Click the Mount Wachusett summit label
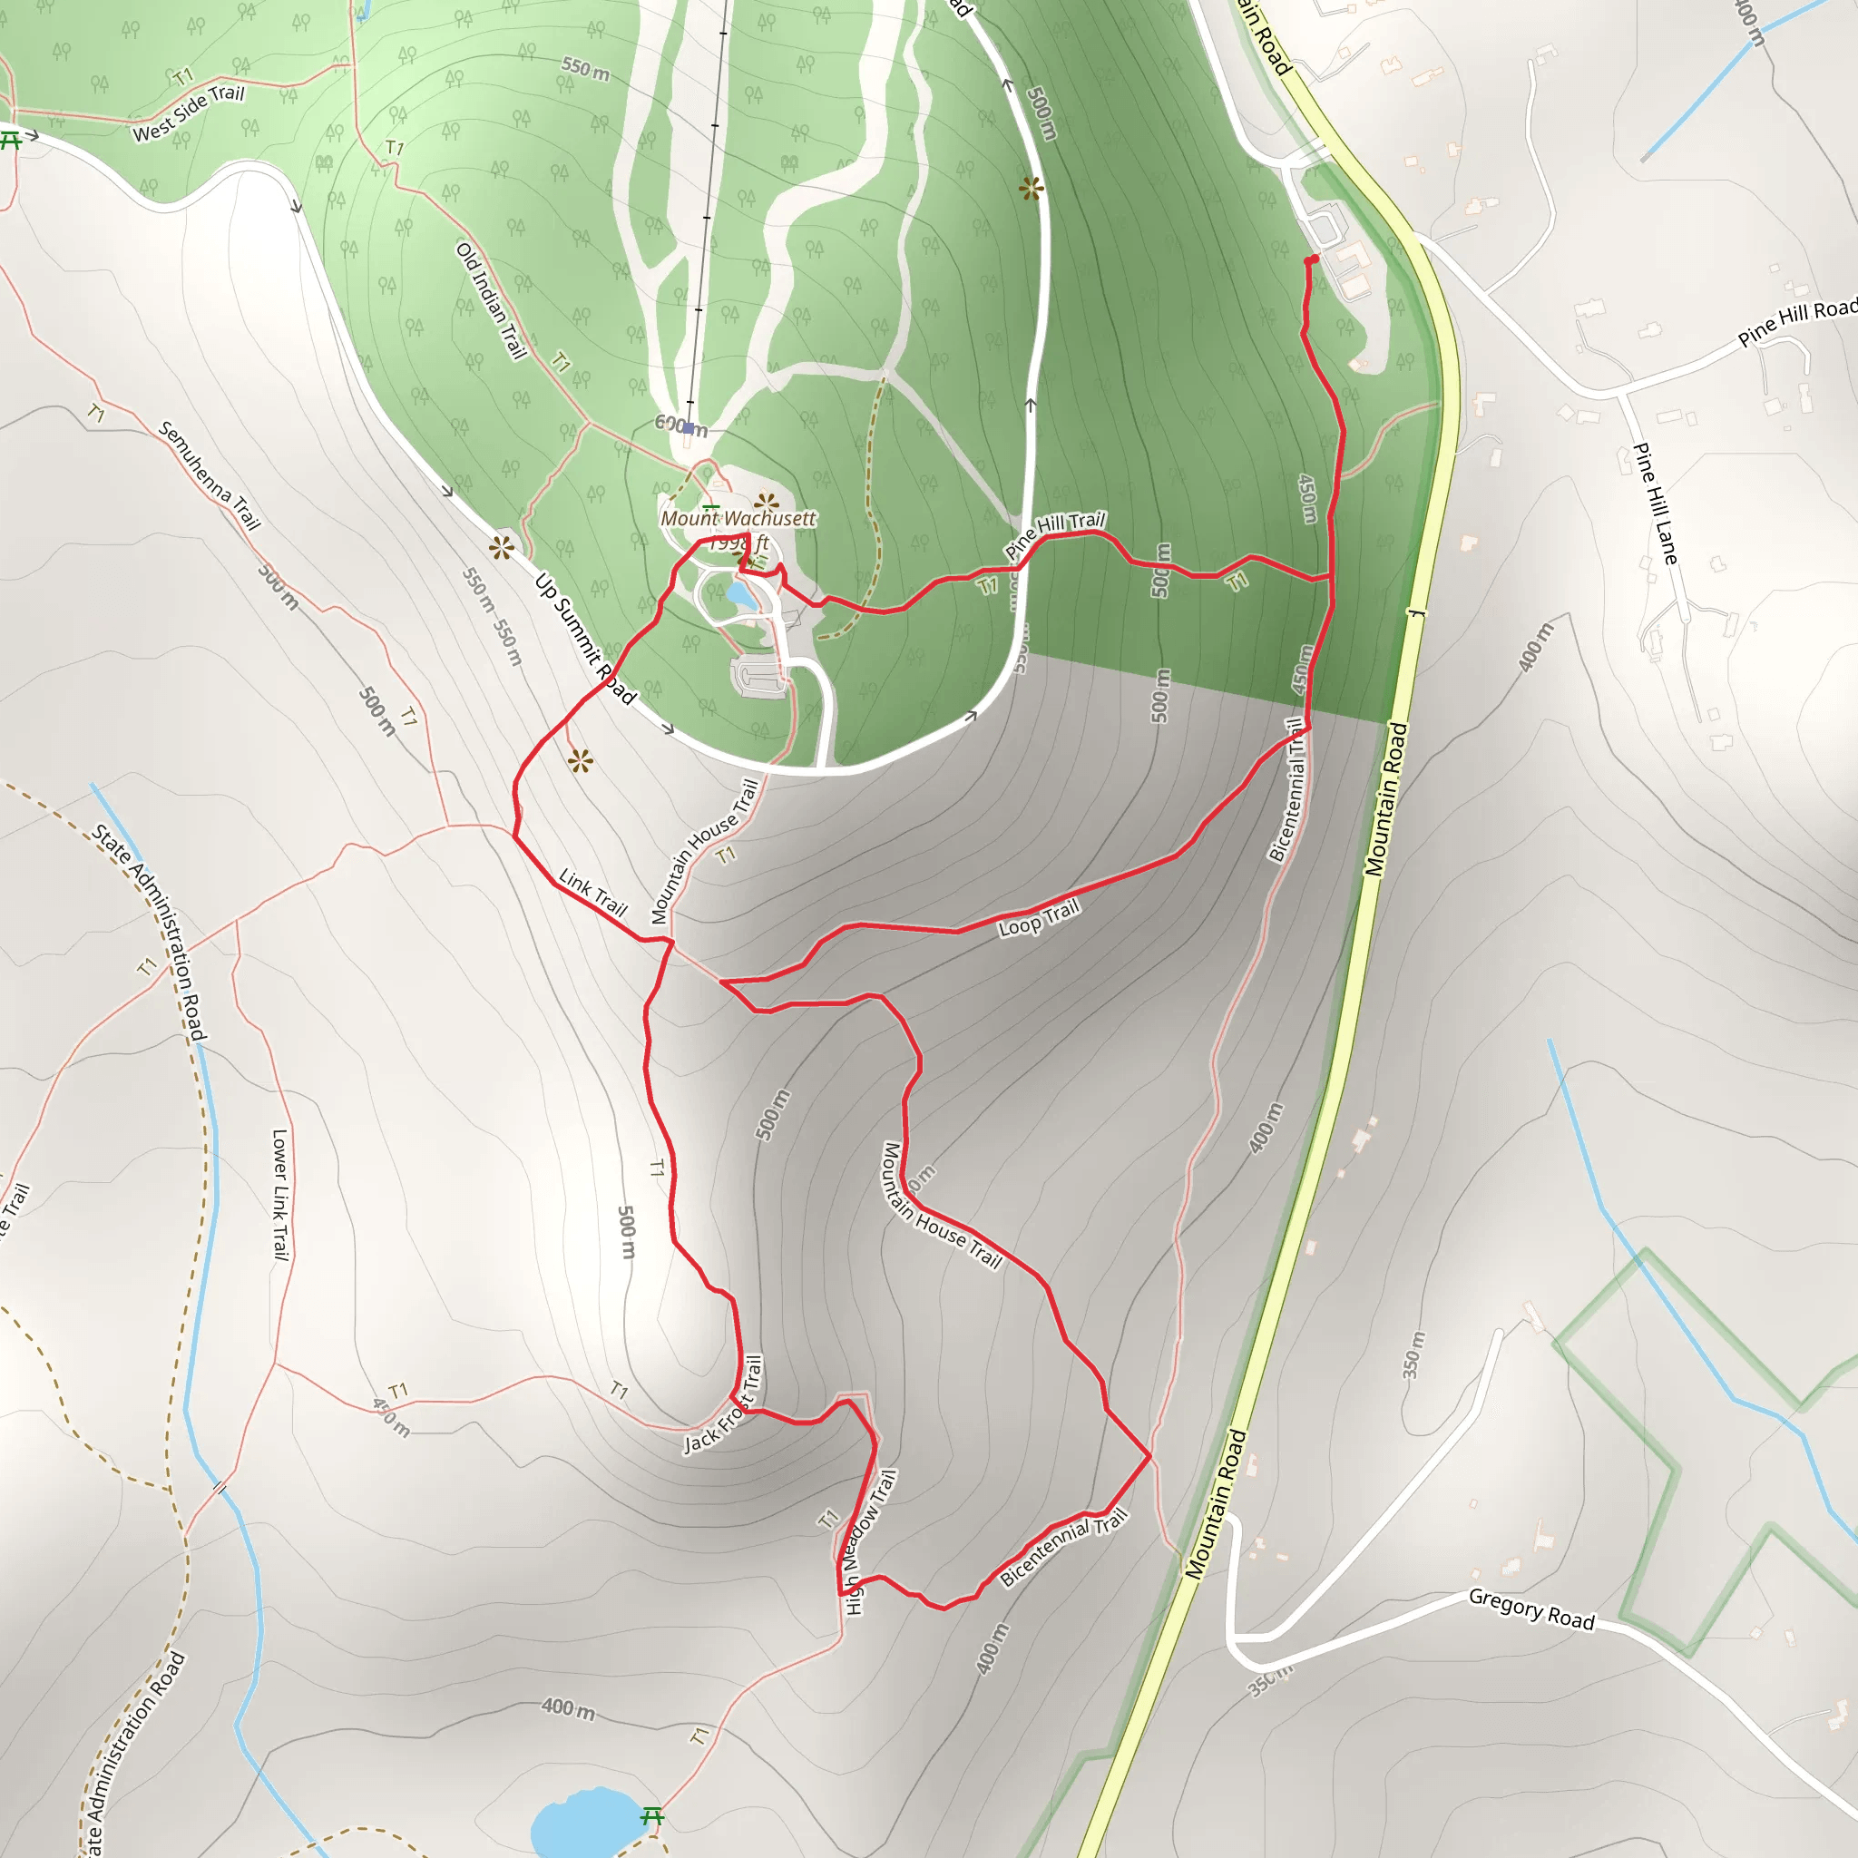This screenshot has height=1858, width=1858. tap(738, 518)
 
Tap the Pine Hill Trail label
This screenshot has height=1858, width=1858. tap(1055, 533)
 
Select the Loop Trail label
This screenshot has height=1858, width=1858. tap(1039, 918)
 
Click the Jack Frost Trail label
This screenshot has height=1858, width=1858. tap(723, 1405)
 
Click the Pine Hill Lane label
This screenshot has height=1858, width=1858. tap(1655, 503)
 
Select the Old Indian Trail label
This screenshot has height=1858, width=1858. tap(492, 301)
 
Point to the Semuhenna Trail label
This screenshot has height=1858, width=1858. tap(209, 475)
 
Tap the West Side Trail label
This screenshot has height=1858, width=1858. tap(189, 112)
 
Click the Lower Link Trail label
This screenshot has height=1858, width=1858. tap(279, 1195)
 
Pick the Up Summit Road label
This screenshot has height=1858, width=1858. tap(585, 639)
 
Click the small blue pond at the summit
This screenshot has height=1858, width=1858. tap(740, 595)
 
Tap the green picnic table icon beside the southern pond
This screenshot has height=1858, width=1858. tap(652, 1814)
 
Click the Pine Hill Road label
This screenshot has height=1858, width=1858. tap(1795, 323)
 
